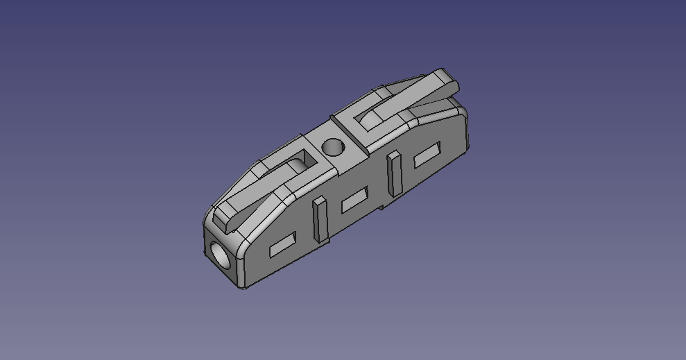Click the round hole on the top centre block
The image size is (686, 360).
333,147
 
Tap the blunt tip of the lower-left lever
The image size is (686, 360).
223,221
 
